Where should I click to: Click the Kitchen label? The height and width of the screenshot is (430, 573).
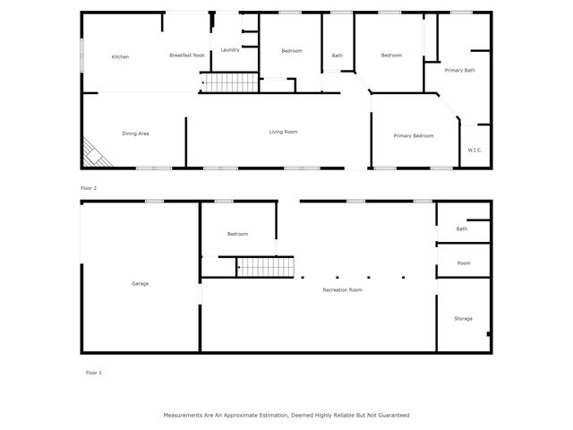[120, 56]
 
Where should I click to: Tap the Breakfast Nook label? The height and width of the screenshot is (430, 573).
[187, 56]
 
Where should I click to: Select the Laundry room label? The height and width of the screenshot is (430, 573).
[230, 50]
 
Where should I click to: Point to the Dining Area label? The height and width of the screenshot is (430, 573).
[135, 133]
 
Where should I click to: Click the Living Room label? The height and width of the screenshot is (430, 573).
[283, 132]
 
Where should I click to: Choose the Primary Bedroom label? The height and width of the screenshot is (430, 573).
[414, 135]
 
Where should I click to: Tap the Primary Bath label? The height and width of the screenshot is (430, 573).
[459, 70]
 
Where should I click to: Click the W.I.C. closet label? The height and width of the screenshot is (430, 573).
[475, 150]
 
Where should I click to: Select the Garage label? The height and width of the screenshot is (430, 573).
[141, 283]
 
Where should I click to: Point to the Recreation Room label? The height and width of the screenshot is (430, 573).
[343, 289]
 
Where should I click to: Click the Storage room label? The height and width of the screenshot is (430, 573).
[463, 318]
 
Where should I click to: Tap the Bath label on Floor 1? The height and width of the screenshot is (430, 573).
[462, 228]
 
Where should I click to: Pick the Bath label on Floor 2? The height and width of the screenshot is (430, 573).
[337, 56]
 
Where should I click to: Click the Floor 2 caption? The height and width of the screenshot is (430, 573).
[89, 188]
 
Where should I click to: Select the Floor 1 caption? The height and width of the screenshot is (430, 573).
[94, 372]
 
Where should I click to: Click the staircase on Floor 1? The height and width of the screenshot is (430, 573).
[265, 266]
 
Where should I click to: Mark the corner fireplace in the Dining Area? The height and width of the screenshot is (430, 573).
[95, 155]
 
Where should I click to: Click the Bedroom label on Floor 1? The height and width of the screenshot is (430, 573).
[237, 234]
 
